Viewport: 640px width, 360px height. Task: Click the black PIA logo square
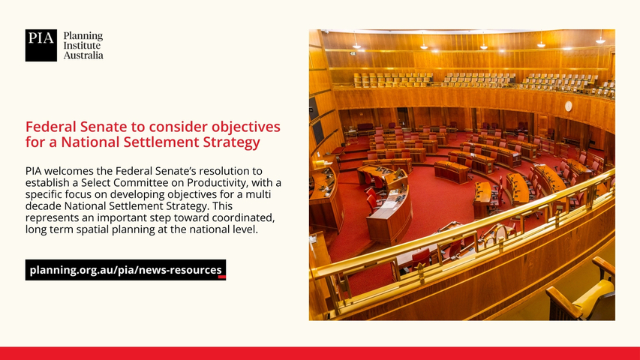tap(41, 45)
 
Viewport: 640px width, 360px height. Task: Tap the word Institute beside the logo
tap(82, 45)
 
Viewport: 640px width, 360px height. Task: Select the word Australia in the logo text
tap(83, 55)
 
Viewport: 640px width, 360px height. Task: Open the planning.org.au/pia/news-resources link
tap(126, 270)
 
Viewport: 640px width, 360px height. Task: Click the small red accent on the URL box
tap(222, 277)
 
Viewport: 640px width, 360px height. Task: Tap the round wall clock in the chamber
tap(568, 106)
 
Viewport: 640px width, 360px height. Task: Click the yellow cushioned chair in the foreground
tap(584, 292)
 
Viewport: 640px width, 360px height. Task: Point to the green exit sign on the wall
tap(353, 53)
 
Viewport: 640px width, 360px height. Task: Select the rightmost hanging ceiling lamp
tap(600, 39)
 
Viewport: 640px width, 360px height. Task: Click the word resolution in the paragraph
tap(224, 170)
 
